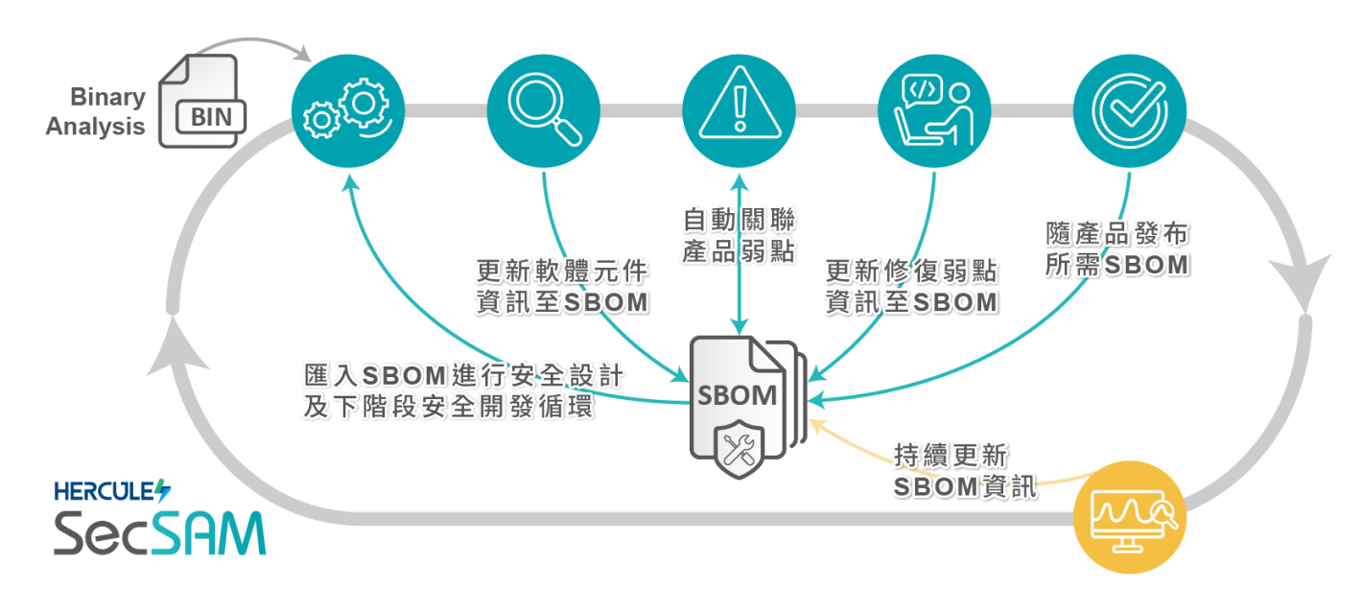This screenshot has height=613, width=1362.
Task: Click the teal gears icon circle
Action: coord(348,111)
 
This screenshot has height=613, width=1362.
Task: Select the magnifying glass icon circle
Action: coord(544,111)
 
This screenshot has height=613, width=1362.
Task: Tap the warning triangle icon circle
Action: coord(739,111)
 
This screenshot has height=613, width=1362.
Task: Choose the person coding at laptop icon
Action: coord(934,111)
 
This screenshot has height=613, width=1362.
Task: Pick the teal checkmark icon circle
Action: coord(1130,111)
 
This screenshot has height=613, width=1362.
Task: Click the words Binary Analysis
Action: coord(97,111)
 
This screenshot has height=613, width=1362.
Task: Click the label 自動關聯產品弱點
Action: coord(739,235)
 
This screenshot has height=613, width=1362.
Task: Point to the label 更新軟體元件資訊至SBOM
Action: coord(562,285)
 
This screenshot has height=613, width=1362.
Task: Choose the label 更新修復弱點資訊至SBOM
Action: coord(910,285)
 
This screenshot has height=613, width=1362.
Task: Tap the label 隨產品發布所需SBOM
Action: coord(1116,249)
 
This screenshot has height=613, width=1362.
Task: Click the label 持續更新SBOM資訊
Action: coord(964,470)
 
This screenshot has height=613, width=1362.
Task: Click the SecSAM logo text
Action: coord(159,532)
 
